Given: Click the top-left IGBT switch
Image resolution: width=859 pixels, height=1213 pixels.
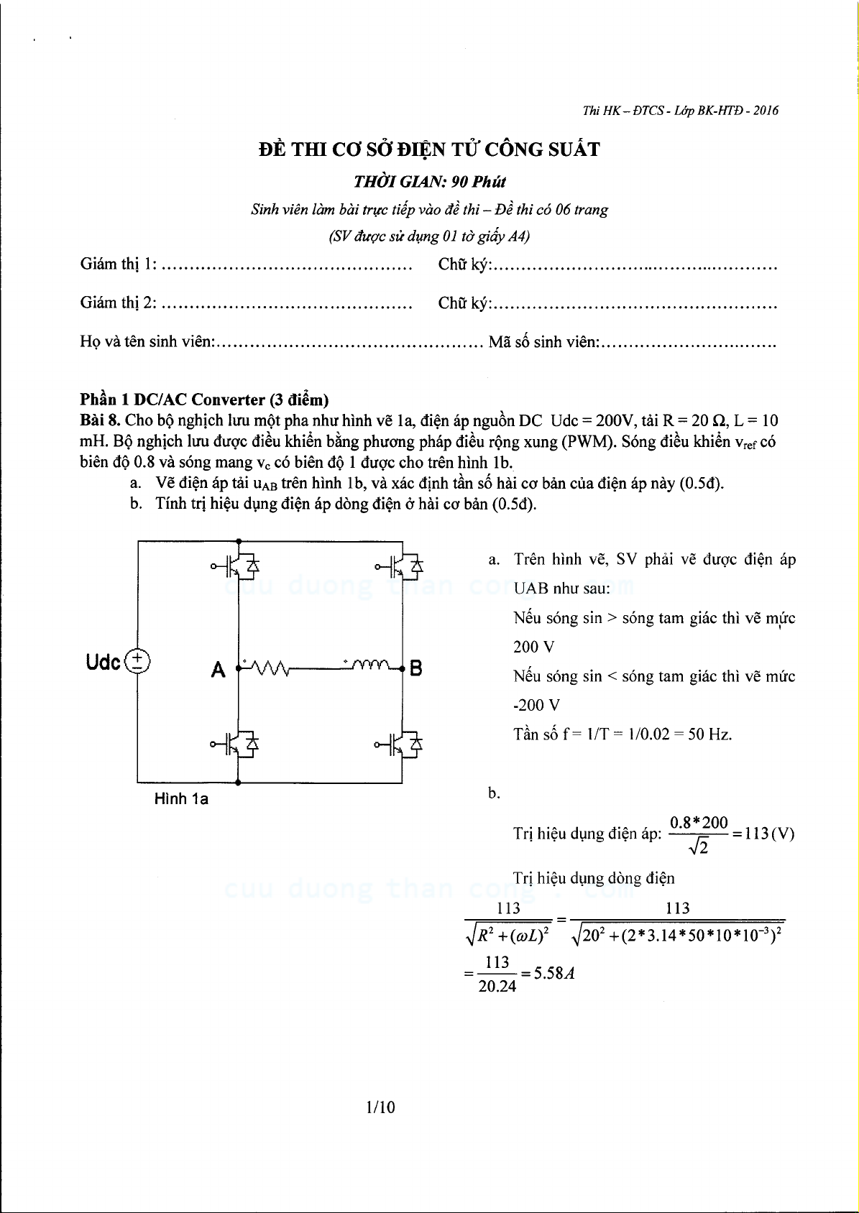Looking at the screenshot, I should (238, 567).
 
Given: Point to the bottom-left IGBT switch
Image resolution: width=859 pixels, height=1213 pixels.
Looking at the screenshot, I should (238, 745).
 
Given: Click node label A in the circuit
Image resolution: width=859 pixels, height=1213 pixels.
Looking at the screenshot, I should (218, 670).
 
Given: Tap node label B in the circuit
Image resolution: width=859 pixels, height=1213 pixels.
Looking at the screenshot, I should (415, 670).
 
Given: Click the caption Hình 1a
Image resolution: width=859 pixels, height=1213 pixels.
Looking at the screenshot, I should (181, 798).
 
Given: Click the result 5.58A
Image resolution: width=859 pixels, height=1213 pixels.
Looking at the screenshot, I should (554, 974).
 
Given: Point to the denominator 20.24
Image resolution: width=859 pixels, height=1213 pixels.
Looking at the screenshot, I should (497, 987).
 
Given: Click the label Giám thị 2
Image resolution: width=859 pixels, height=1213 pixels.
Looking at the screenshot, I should (118, 303).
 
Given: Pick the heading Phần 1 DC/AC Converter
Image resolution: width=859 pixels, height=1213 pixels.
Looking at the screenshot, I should (204, 400).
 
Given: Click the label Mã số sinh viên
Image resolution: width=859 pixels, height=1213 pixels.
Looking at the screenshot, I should (543, 342).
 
